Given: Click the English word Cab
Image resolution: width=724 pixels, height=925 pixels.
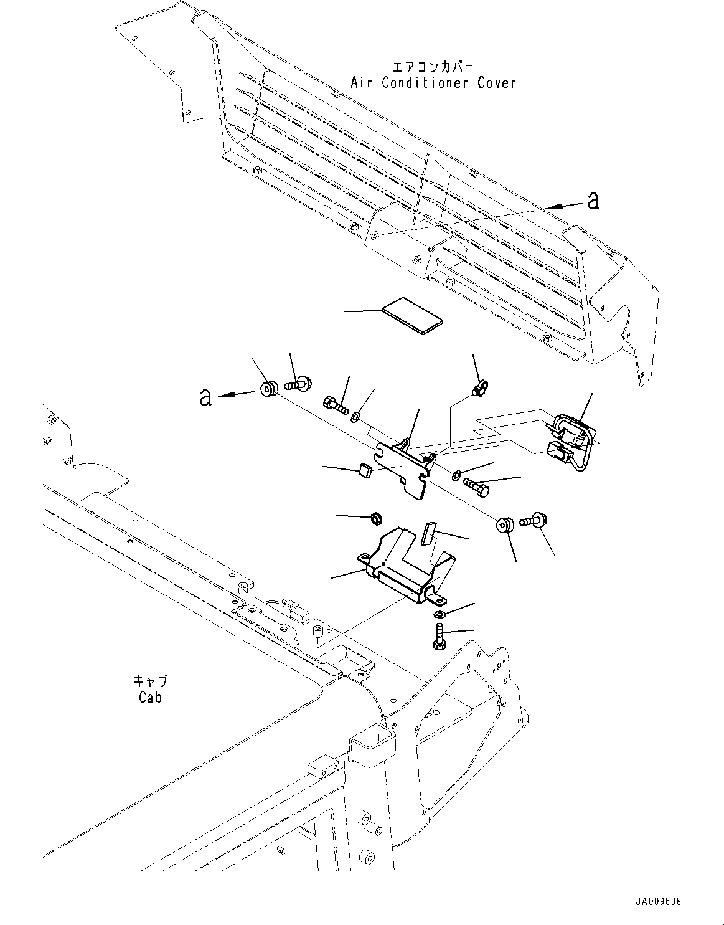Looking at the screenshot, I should (151, 697).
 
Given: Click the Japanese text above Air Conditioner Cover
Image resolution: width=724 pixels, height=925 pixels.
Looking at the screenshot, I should (433, 67).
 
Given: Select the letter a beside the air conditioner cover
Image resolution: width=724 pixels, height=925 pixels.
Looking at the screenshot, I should (593, 201).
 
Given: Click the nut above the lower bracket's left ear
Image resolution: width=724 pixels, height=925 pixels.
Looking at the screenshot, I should (375, 518).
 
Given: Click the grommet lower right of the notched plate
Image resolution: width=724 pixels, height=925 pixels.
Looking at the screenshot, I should (504, 525).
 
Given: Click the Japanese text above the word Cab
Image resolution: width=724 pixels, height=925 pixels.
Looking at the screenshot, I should (151, 681).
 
